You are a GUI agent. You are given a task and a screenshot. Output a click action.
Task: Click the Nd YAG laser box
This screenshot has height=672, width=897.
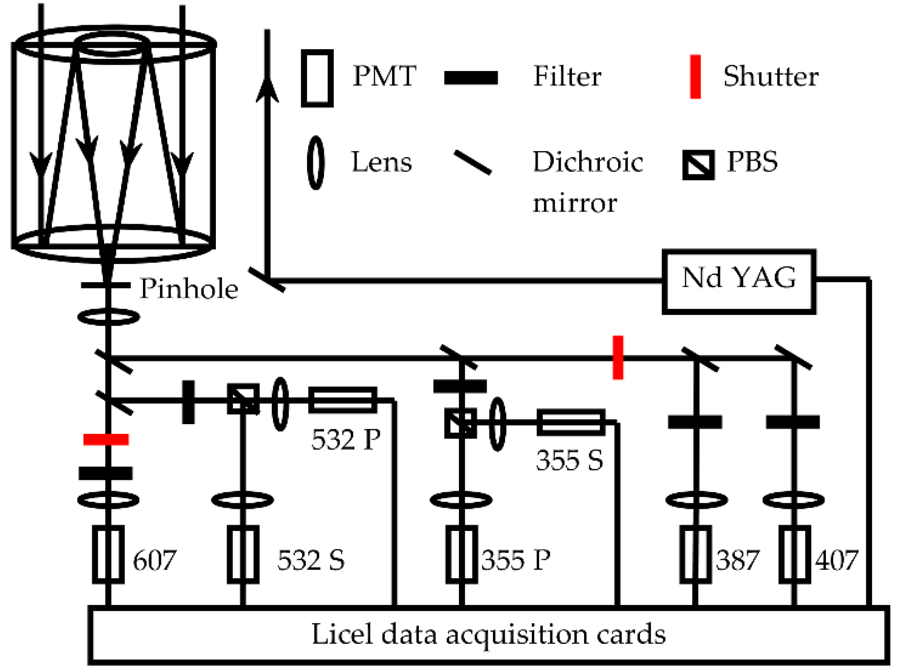[x=738, y=282]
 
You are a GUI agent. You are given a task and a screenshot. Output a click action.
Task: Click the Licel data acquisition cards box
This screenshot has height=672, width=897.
[x=488, y=634]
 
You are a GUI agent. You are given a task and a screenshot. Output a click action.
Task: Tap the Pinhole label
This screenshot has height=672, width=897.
[x=189, y=289]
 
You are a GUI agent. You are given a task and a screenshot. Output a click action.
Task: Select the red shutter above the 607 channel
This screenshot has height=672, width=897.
[x=106, y=439]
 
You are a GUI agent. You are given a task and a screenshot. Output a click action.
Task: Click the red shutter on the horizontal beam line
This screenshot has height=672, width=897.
[x=618, y=358]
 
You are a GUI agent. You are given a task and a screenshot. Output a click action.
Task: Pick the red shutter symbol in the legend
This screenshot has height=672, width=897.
[x=695, y=77]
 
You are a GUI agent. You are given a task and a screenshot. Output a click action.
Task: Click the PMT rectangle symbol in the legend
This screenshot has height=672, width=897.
[x=317, y=78]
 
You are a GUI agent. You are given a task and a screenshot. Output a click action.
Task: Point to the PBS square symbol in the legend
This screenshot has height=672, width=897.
[x=698, y=165]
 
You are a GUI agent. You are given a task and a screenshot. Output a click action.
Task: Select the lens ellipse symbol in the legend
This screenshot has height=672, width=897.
[x=316, y=163]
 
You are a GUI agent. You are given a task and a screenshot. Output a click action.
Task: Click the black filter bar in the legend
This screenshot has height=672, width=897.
[x=471, y=78]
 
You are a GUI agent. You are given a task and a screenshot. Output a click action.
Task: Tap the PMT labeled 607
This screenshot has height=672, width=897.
[x=108, y=554]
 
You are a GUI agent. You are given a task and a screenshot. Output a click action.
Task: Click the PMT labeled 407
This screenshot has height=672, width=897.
[x=794, y=554]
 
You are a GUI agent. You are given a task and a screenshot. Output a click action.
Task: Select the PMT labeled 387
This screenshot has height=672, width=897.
[x=695, y=554]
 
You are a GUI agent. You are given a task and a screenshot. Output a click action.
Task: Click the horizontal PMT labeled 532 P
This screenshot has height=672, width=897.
[x=343, y=400]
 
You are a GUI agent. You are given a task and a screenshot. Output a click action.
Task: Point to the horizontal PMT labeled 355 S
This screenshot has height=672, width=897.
[x=571, y=422]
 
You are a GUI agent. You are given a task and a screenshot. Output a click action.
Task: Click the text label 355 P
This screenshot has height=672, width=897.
[x=516, y=560]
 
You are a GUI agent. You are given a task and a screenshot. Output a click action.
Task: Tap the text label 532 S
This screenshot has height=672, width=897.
[x=311, y=560]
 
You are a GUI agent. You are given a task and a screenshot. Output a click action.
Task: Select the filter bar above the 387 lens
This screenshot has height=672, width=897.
[x=695, y=422]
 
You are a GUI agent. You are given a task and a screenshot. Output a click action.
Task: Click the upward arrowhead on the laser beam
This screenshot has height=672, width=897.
[x=267, y=89]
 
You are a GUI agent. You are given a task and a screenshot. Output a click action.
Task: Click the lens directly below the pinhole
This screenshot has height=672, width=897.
[x=109, y=317]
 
